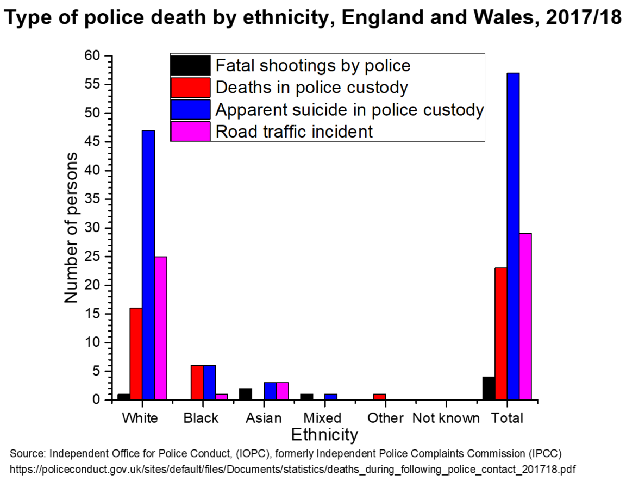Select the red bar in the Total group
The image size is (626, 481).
[500, 334]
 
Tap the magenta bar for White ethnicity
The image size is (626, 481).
[161, 328]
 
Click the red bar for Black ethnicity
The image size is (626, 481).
[197, 383]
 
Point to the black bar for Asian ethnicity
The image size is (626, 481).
[246, 394]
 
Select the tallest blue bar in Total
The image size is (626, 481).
[513, 236]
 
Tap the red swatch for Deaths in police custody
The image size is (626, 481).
[190, 88]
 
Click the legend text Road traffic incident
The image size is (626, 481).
[294, 132]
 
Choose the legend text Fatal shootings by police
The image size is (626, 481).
[313, 66]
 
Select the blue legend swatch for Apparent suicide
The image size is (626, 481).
[190, 109]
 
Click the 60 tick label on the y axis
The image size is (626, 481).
[92, 56]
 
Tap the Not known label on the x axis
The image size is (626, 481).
[446, 418]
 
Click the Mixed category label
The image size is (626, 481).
[322, 418]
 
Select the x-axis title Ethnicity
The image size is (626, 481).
[325, 435]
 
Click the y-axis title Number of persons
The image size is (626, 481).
[71, 228]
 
